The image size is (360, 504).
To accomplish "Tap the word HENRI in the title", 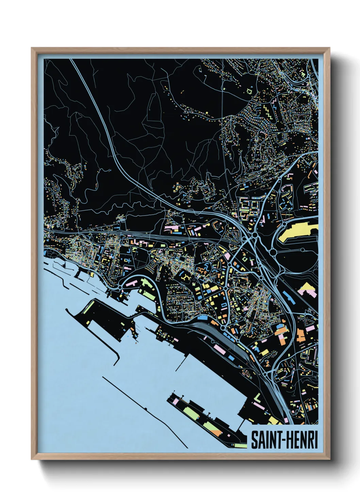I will [x=301, y=440].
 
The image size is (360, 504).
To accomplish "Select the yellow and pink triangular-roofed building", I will [x=308, y=288].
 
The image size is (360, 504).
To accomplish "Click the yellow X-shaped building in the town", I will [x=186, y=278].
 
